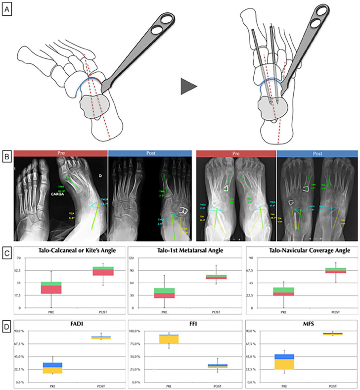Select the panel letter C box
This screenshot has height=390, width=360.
pyautogui.click(x=7, y=251)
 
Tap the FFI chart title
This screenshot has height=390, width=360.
pyautogui.click(x=185, y=325)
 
